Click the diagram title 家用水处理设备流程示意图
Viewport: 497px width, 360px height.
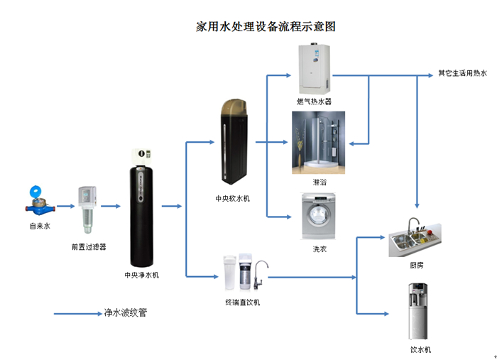point(265,27)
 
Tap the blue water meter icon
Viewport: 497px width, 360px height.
point(38,201)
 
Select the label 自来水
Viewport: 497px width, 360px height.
point(39,226)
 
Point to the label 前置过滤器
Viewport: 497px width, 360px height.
point(89,247)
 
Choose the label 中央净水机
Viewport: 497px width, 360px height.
point(142,275)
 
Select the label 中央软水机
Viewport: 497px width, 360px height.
point(233,198)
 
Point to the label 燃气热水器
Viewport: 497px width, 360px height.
point(315,101)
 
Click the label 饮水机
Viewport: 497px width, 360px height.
point(420,349)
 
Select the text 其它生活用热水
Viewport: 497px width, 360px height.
point(462,73)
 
